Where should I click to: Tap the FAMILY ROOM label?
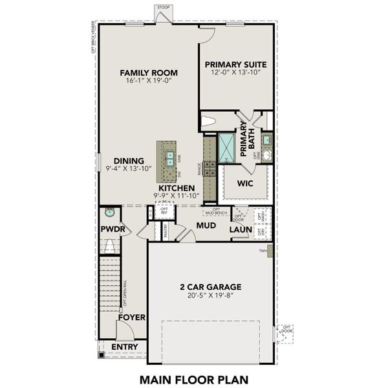tap(149, 72)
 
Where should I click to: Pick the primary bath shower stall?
tap(228, 148)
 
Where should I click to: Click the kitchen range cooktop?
tap(210, 169)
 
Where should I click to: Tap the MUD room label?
tap(206, 226)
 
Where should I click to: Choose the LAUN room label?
tap(241, 230)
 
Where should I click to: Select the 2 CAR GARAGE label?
tap(210, 286)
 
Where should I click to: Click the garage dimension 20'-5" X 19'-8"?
tap(210, 296)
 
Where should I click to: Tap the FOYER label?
tap(131, 318)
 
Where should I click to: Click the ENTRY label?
tap(124, 347)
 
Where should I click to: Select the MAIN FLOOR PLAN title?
tap(193, 378)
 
